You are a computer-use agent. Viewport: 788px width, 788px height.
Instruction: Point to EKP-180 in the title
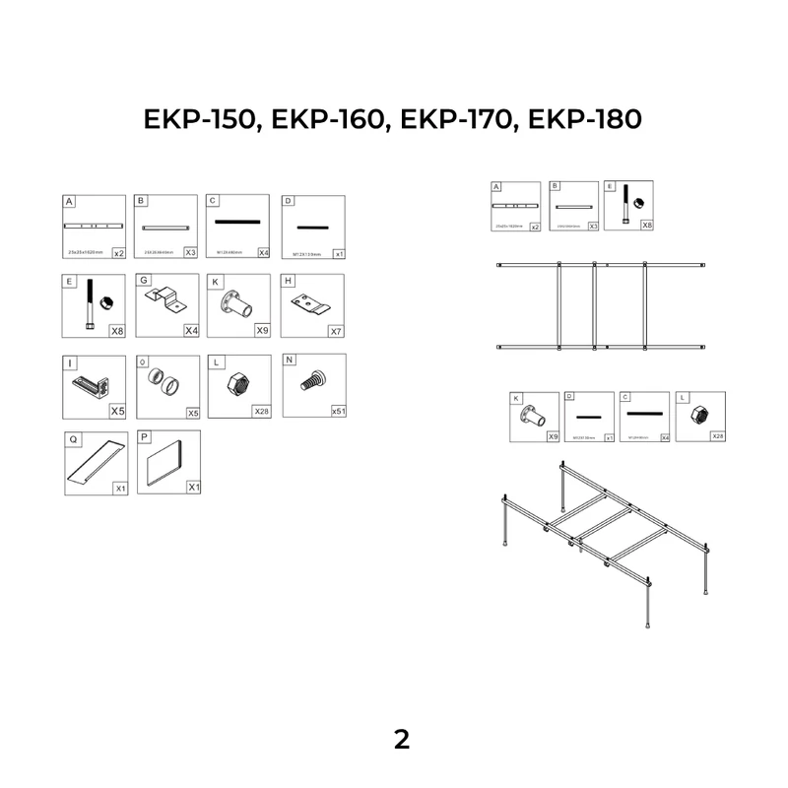pyautogui.click(x=585, y=119)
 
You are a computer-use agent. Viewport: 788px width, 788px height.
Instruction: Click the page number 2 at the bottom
pyautogui.click(x=401, y=740)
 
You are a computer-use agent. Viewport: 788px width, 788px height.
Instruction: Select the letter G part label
pyautogui.click(x=144, y=281)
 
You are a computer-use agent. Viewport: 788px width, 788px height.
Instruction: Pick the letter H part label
pyautogui.click(x=289, y=281)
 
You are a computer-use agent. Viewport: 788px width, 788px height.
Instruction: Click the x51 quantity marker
pyautogui.click(x=338, y=411)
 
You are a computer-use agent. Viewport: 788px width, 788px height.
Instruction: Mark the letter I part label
pyautogui.click(x=70, y=361)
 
